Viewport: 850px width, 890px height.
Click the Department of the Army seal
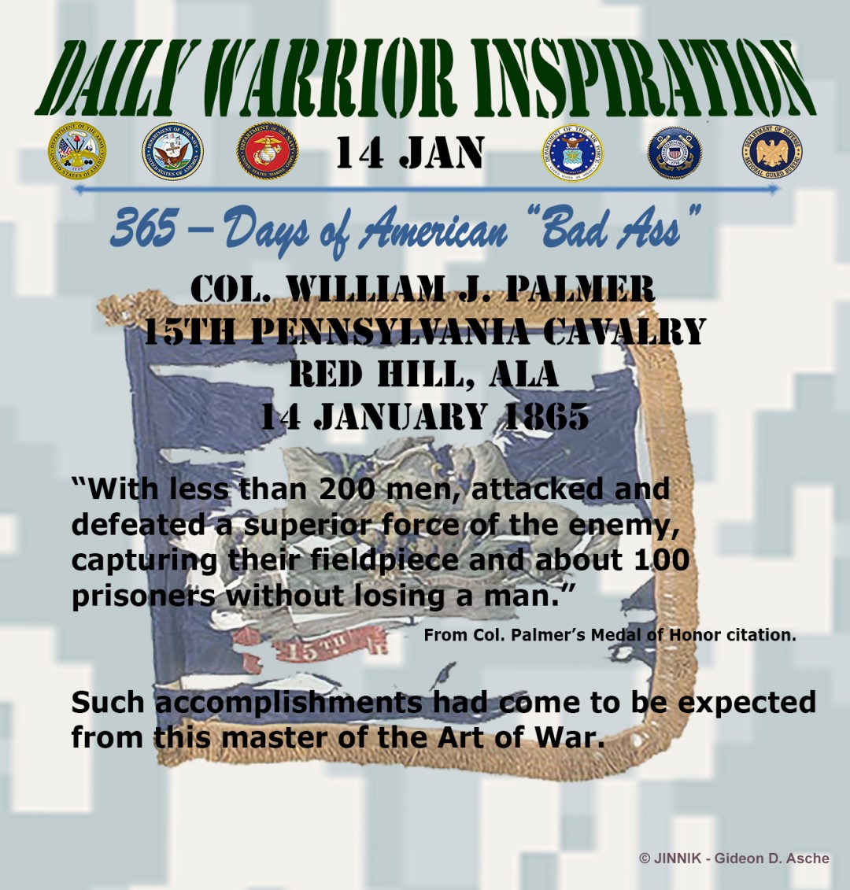[76, 152]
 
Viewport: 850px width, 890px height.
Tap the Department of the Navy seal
[172, 152]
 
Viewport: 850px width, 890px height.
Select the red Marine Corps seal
[268, 152]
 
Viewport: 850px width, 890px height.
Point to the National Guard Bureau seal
[771, 152]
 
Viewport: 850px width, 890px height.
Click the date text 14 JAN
[409, 153]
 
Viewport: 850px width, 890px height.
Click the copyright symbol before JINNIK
[645, 859]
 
